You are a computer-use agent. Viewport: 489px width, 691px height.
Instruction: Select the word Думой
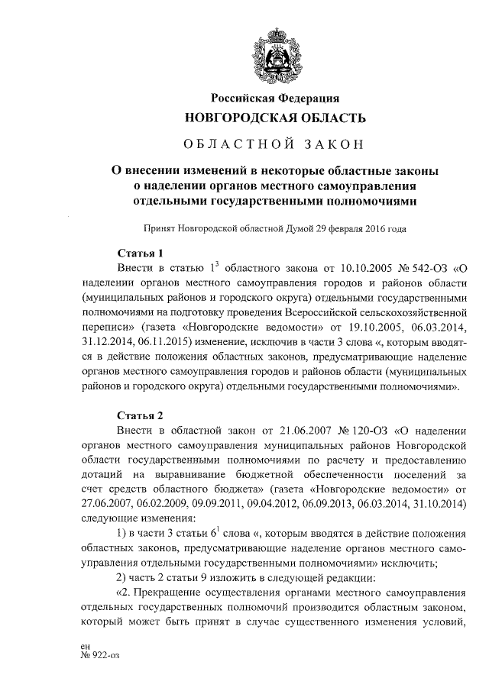coord(290,228)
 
